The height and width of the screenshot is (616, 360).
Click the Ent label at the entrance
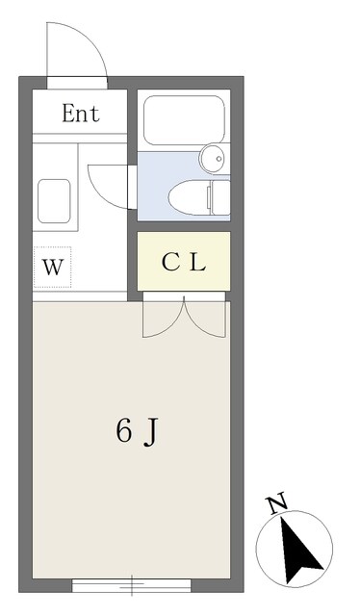click(x=81, y=114)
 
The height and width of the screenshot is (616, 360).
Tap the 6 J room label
click(x=137, y=431)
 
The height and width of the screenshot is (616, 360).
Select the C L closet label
click(x=183, y=262)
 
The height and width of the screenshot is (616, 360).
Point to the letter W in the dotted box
click(x=53, y=269)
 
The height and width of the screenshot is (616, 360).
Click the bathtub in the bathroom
click(x=183, y=121)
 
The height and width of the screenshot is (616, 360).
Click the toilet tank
click(x=218, y=198)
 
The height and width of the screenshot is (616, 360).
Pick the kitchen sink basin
click(x=53, y=199)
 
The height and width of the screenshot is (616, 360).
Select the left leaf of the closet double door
click(x=162, y=320)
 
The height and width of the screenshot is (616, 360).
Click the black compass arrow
click(x=302, y=550)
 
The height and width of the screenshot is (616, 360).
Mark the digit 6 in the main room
click(x=123, y=431)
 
